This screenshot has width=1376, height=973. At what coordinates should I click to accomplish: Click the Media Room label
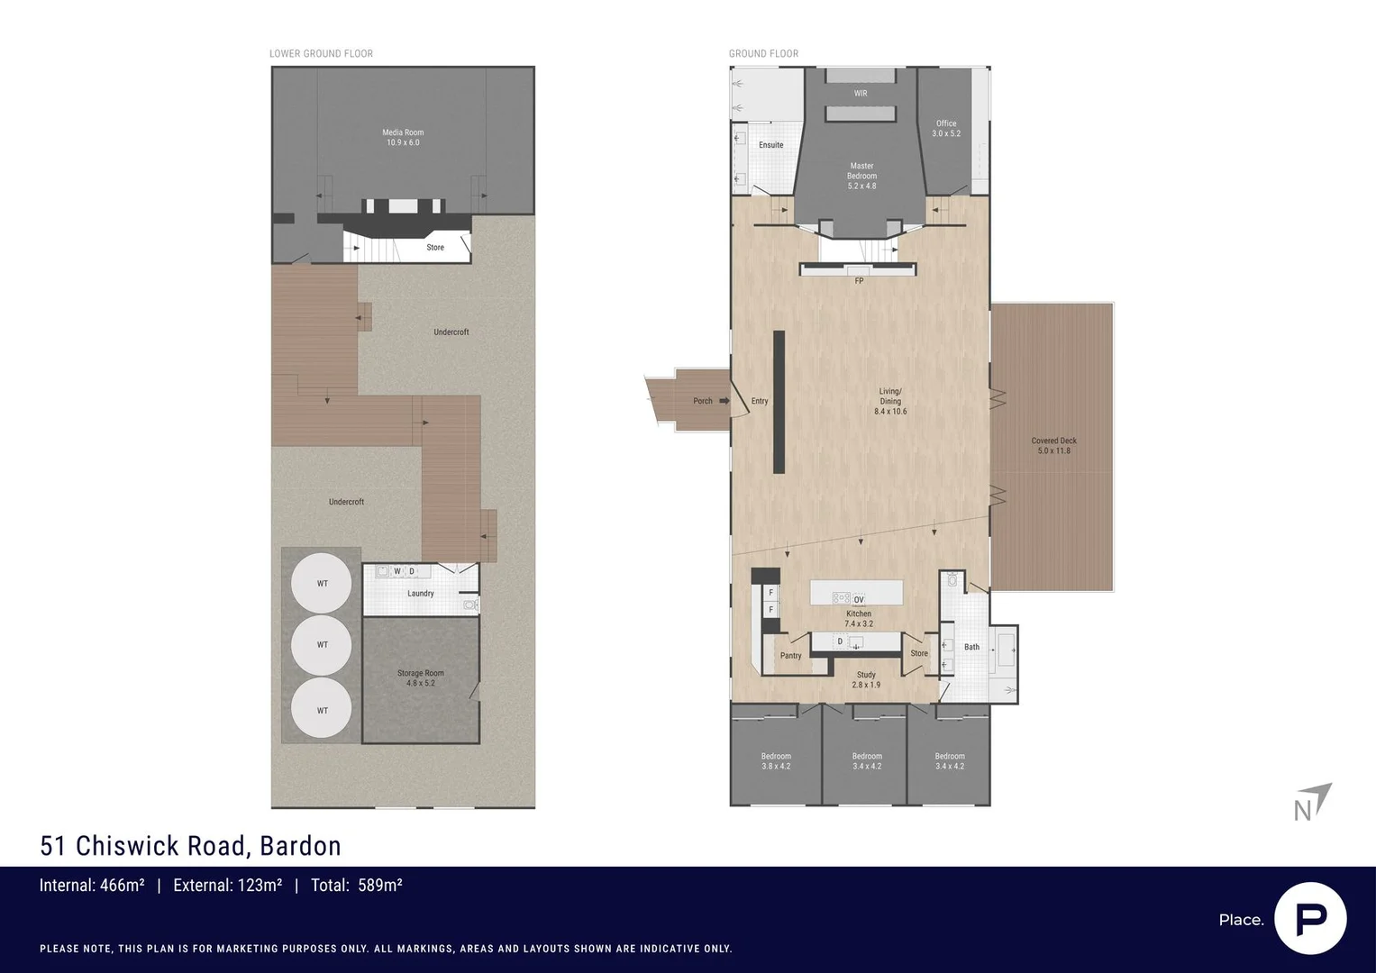click(403, 137)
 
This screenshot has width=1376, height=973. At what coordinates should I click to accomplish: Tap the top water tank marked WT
click(322, 584)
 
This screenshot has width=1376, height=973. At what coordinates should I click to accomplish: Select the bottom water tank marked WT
click(322, 710)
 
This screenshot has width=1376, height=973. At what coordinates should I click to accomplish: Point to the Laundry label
click(421, 594)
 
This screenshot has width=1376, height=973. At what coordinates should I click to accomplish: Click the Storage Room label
click(421, 678)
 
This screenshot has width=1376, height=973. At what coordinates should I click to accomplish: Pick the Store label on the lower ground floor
click(435, 248)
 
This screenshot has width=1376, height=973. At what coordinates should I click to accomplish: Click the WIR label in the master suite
click(861, 94)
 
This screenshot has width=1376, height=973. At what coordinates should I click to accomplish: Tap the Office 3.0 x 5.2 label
click(946, 129)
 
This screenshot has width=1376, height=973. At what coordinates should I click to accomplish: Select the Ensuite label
click(770, 145)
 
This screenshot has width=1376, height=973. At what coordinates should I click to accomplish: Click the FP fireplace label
click(859, 281)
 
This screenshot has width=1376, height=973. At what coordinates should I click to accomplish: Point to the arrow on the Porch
click(724, 401)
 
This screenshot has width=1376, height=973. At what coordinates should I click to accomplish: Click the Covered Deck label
click(1053, 445)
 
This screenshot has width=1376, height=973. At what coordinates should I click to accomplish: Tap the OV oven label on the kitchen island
click(859, 599)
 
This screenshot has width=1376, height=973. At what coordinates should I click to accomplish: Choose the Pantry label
click(790, 656)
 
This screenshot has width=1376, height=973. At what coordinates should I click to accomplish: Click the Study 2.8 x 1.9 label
click(866, 679)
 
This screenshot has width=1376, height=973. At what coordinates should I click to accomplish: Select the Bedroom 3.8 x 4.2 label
click(776, 761)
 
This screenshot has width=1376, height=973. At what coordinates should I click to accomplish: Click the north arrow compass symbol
click(1313, 802)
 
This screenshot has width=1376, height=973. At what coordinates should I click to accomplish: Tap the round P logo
click(1310, 918)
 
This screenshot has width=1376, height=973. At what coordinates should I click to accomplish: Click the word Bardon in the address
click(300, 846)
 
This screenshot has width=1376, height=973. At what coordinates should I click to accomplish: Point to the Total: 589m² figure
click(356, 886)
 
